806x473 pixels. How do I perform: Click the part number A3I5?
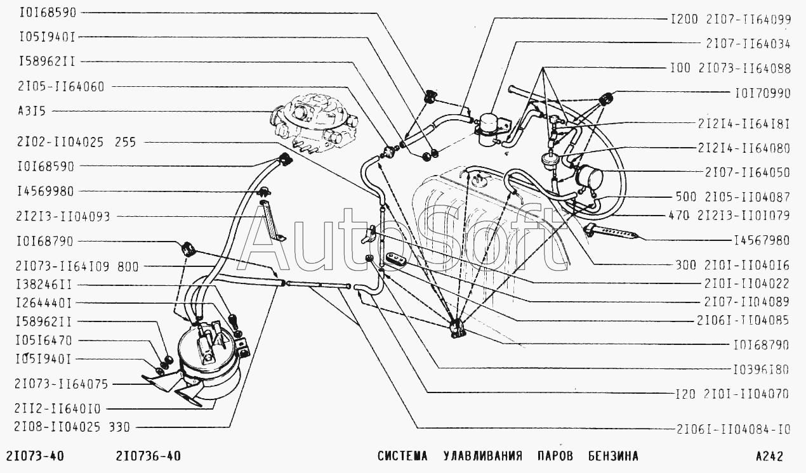point(32,111)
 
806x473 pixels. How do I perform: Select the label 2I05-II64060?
point(61,87)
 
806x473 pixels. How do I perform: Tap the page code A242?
point(769,456)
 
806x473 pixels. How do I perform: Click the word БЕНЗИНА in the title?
point(613,456)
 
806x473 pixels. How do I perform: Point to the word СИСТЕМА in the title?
point(402,456)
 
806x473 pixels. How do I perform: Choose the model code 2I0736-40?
point(149,456)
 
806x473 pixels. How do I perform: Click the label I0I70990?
point(762,93)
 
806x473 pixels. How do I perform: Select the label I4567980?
point(762,240)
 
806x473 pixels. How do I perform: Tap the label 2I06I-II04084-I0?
point(733,429)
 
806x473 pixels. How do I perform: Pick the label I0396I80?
point(761,370)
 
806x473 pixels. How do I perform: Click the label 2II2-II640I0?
point(58,409)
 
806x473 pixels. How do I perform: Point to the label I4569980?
point(45,191)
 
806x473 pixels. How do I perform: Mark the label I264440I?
point(44,303)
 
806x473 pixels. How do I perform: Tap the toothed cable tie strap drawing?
point(612,232)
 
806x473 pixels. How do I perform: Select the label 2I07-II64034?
point(748,44)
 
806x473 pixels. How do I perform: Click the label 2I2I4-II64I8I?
point(744,124)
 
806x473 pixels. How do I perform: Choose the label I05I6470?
point(44,340)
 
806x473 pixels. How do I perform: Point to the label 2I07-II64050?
point(747,172)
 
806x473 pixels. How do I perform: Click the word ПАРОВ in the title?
point(555,456)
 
